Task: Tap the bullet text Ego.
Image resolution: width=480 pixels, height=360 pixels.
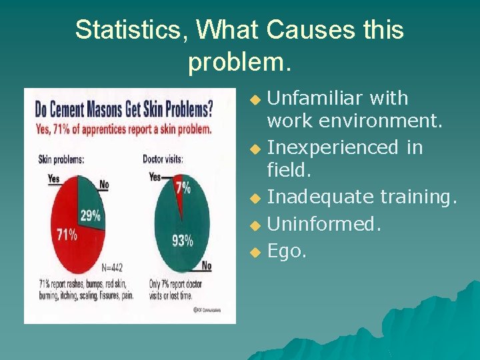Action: [287, 251]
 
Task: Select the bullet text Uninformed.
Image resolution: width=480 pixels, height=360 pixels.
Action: [324, 224]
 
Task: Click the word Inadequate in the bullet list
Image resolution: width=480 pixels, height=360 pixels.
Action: [321, 197]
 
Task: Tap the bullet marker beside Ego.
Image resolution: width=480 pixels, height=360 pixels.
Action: [254, 252]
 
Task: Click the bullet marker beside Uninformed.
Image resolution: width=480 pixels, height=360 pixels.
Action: [254, 225]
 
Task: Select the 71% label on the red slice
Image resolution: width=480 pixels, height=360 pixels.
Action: [67, 234]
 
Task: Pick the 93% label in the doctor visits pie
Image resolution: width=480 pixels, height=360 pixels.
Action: [182, 240]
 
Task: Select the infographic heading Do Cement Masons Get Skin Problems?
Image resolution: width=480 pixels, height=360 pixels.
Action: [124, 108]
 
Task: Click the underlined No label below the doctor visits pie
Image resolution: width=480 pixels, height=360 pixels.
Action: [206, 266]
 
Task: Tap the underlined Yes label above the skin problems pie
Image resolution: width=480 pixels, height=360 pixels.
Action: [54, 178]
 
